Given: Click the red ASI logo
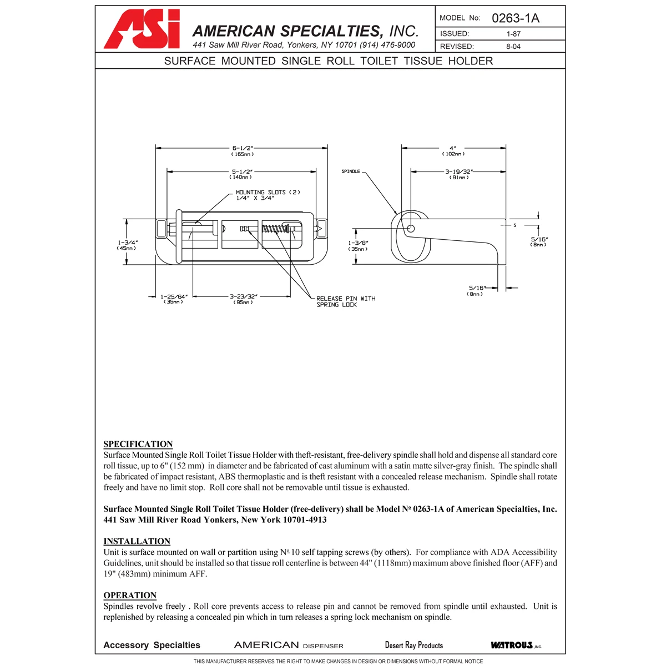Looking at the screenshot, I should pos(142,29).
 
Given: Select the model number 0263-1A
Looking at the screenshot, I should pos(515,18).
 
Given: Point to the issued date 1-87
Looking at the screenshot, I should pos(513,34).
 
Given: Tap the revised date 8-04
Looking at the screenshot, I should pos(513,47).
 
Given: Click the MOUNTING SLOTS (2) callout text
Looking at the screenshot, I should pos(268,195).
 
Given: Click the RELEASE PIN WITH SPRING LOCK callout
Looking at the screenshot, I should pos(345,301).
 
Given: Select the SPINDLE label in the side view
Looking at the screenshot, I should pos(351,171).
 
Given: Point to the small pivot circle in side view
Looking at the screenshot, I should pos(411,228).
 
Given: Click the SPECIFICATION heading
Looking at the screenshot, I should pos(138,444).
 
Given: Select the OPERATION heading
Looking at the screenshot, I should pos(130,595).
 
